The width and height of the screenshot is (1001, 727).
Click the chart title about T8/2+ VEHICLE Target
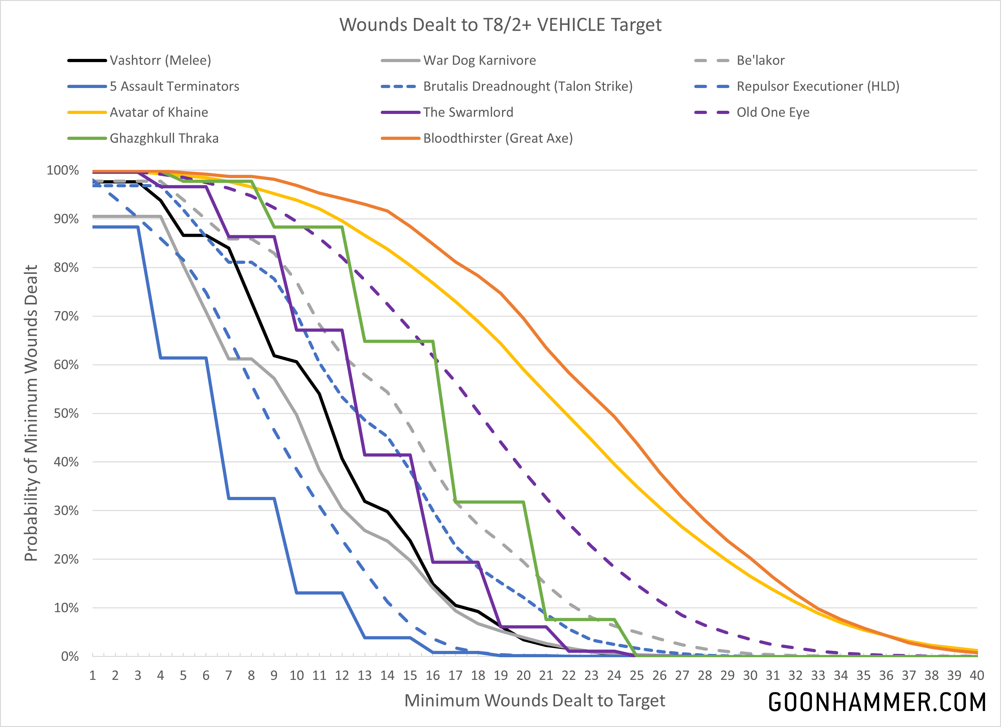click(500, 25)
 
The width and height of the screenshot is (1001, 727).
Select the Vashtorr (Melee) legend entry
click(160, 61)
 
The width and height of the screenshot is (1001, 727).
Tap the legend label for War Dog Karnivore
click(479, 61)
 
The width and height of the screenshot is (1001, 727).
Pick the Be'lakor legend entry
click(760, 61)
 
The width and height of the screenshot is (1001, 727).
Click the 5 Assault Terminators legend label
click(174, 86)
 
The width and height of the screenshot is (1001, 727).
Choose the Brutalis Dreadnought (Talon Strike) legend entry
click(528, 86)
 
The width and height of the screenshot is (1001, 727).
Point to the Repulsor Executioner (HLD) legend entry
click(818, 86)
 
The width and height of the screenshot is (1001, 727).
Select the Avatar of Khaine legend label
click(159, 113)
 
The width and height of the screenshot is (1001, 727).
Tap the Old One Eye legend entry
click(773, 113)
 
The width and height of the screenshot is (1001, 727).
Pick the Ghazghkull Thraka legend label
click(164, 139)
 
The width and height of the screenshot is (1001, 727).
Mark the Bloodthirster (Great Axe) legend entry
click(498, 139)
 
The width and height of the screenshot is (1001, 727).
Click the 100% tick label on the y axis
click(63, 171)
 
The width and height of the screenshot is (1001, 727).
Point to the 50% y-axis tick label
click(66, 413)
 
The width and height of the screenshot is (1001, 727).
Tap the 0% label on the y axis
click(70, 656)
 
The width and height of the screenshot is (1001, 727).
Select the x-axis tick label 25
click(636, 675)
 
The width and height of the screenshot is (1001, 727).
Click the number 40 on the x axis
click(976, 675)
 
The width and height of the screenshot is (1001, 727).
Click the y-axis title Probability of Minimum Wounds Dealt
click(31, 413)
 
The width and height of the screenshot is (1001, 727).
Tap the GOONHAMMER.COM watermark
click(877, 702)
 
